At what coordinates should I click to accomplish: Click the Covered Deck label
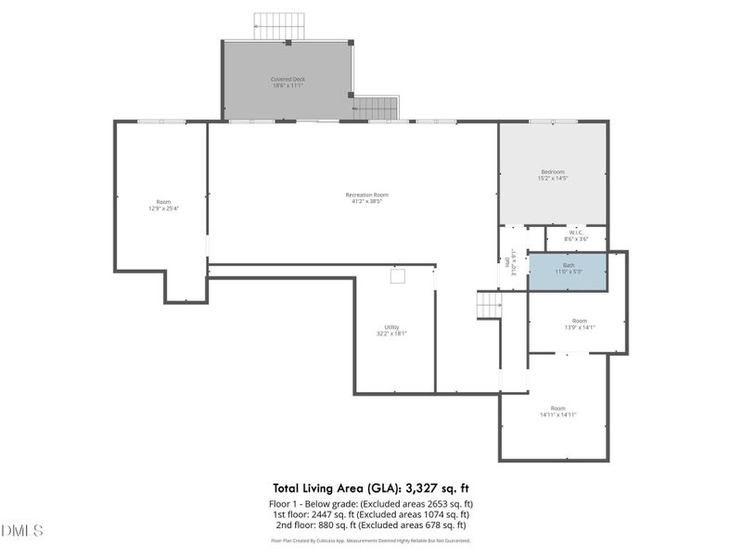(x=288, y=82)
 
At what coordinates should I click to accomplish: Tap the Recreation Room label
(x=366, y=197)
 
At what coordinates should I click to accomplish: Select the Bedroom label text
(x=553, y=175)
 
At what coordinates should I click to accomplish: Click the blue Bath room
(x=568, y=270)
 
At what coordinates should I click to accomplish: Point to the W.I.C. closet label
(x=576, y=236)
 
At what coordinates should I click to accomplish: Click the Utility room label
(x=392, y=330)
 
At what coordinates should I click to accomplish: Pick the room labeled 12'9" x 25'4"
(x=163, y=205)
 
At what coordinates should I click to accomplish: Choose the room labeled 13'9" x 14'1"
(x=579, y=324)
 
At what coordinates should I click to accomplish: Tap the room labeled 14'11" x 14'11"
(x=557, y=411)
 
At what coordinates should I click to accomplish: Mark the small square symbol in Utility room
(x=397, y=276)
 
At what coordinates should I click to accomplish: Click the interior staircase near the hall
(x=489, y=304)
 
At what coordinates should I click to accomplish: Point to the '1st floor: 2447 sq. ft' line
(x=370, y=513)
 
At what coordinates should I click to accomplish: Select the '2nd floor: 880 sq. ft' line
(x=370, y=524)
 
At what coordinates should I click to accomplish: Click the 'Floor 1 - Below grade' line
(x=370, y=502)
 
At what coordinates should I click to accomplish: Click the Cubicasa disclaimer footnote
(x=370, y=540)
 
